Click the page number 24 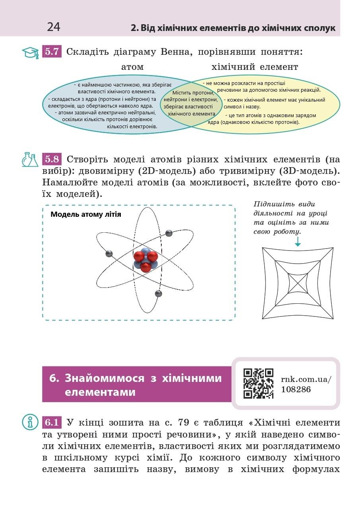pyautogui.click(x=54, y=27)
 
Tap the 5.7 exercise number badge pyautogui.click(x=52, y=52)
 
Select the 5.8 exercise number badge pyautogui.click(x=52, y=160)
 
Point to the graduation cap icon pyautogui.click(x=30, y=52)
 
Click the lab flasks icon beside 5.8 pyautogui.click(x=30, y=160)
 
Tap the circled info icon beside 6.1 pyautogui.click(x=30, y=422)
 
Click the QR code pyautogui.click(x=258, y=383)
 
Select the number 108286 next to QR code pyautogui.click(x=296, y=389)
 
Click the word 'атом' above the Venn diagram pyautogui.click(x=132, y=67)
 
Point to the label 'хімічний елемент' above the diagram pyautogui.click(x=255, y=67)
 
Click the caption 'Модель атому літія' pyautogui.click(x=86, y=214)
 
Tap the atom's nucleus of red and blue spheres pyautogui.click(x=145, y=260)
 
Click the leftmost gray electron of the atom pyautogui.click(x=109, y=254)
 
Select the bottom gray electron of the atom pyautogui.click(x=158, y=294)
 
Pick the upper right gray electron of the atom pyautogui.click(x=169, y=233)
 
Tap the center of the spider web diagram pyautogui.click(x=298, y=283)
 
